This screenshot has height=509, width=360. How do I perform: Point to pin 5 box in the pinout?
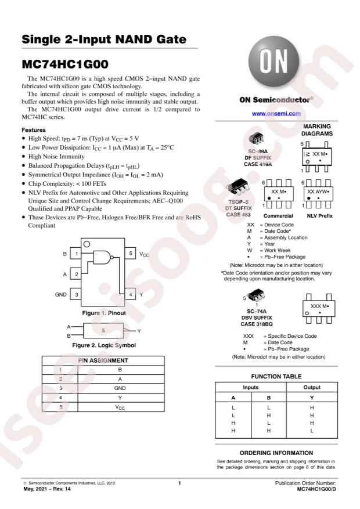click(x=131, y=254)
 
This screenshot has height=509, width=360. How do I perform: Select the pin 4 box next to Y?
click(x=131, y=295)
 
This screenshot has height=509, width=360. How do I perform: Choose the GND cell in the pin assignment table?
click(x=119, y=388)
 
